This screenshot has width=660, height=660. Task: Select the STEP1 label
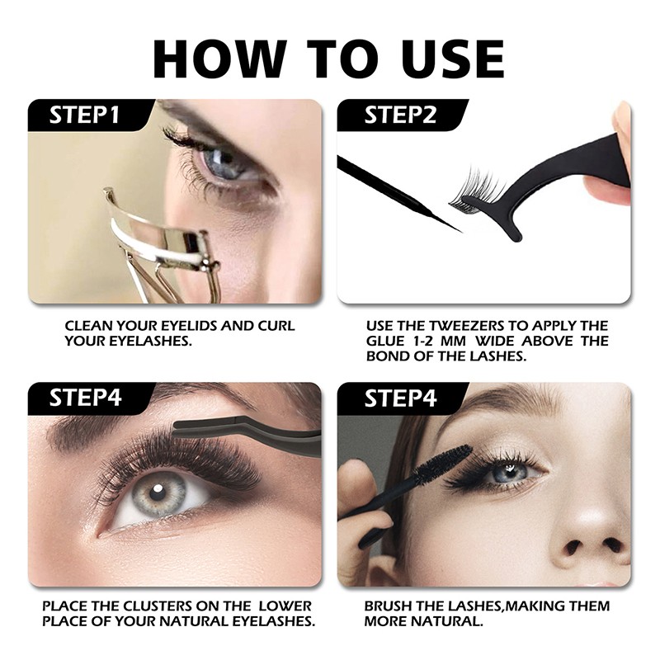pyautogui.click(x=85, y=115)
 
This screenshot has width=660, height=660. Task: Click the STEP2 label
pyautogui.click(x=400, y=115)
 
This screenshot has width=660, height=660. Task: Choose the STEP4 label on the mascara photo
pyautogui.click(x=400, y=398)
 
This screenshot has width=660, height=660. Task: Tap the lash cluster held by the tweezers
pyautogui.click(x=475, y=192)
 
